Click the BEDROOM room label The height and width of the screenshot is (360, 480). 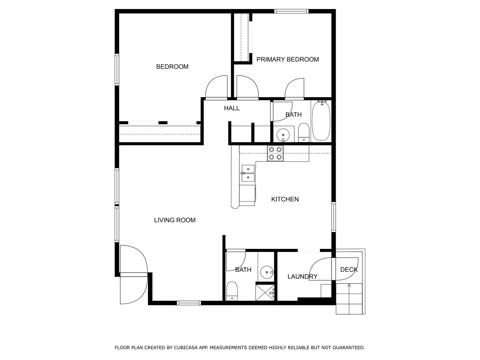pos(172,67)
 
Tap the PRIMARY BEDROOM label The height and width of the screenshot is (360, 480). pos(287,59)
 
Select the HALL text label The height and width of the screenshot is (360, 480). pos(232,108)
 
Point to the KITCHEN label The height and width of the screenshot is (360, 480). pos(285,199)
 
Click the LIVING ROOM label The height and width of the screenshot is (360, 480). pos(175,220)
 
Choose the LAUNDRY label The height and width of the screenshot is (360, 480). pos(302,277)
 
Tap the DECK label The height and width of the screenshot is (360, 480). pos(349,270)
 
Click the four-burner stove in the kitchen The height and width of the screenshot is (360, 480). pos(275,153)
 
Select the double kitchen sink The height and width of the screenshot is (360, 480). pos(248,173)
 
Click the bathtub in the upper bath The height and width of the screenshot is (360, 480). pos(321,121)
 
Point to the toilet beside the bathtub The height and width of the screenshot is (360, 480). pos(304,133)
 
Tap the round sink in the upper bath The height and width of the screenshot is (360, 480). pos(283,135)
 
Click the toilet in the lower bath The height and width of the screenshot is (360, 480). pos(232,291)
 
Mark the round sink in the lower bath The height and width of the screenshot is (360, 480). pos(267,272)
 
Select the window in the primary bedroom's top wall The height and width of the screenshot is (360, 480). pos(291,11)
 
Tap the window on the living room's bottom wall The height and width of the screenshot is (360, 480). pos(189,303)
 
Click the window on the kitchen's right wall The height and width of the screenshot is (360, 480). pos(333,217)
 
